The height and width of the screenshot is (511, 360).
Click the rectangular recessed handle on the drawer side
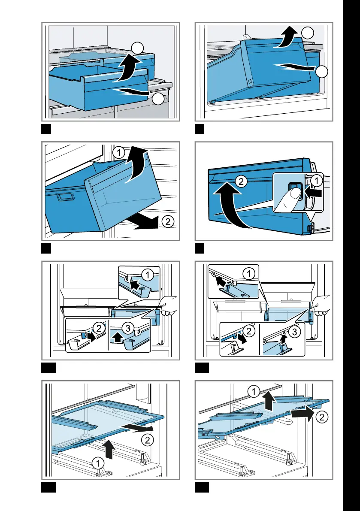[x=65, y=198]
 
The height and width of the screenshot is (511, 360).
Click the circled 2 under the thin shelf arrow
[x=146, y=440]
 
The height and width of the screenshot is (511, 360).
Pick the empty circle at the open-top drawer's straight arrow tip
[x=158, y=100]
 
